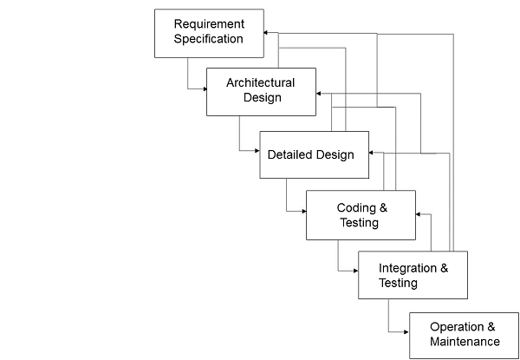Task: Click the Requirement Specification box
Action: pos(209,33)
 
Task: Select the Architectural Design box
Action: pos(260,91)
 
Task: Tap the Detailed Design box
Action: pos(314,154)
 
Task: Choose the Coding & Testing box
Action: pos(361,215)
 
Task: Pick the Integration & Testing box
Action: pos(413,275)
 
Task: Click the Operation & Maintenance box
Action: pos(464,334)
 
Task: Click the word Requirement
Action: pos(209,23)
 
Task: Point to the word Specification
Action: pos(209,39)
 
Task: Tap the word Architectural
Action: pos(260,83)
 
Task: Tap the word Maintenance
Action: pos(464,342)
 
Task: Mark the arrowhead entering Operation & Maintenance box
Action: pos(405,331)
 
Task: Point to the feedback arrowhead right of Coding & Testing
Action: pos(419,213)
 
